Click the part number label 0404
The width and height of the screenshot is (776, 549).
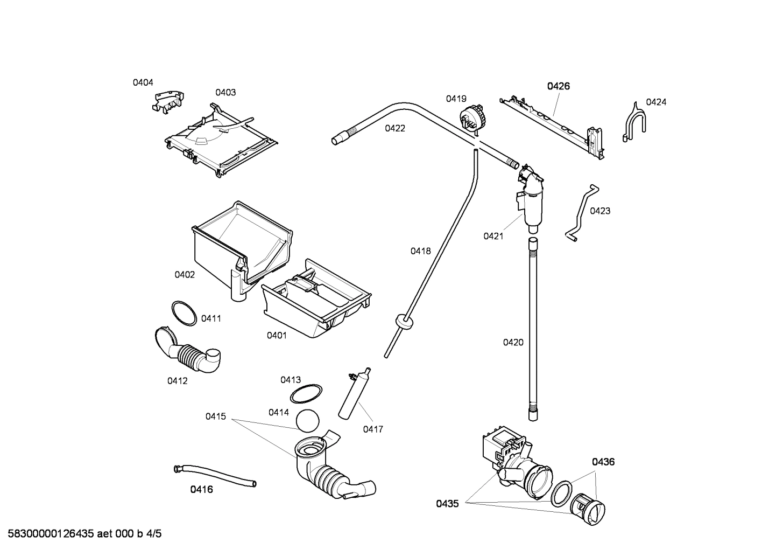(143, 82)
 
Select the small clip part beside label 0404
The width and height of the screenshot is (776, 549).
(168, 101)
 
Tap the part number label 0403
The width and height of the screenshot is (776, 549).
(225, 92)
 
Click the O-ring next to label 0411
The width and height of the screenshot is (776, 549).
(184, 313)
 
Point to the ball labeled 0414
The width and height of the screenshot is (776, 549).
(308, 421)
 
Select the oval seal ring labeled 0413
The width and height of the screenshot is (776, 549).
(306, 394)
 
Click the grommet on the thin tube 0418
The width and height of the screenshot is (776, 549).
(404, 322)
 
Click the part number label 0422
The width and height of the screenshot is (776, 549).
(395, 128)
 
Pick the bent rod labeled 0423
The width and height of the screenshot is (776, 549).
(581, 212)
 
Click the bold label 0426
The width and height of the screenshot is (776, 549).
(559, 86)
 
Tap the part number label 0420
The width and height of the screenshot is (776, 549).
(513, 342)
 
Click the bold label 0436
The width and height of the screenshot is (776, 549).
(603, 462)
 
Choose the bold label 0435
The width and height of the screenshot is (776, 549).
(447, 504)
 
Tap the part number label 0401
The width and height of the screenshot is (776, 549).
(277, 336)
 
